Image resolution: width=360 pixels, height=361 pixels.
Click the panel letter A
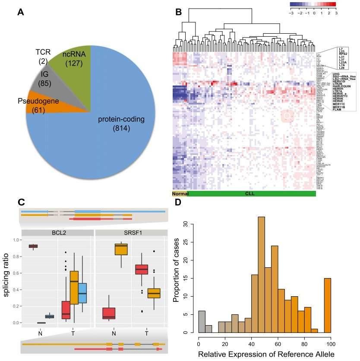point(20,13)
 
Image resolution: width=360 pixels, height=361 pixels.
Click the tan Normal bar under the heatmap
point(180,193)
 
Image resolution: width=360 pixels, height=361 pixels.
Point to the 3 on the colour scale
point(335,13)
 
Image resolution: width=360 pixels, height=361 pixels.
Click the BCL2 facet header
point(57,233)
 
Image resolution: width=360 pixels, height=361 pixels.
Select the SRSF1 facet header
point(131,233)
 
